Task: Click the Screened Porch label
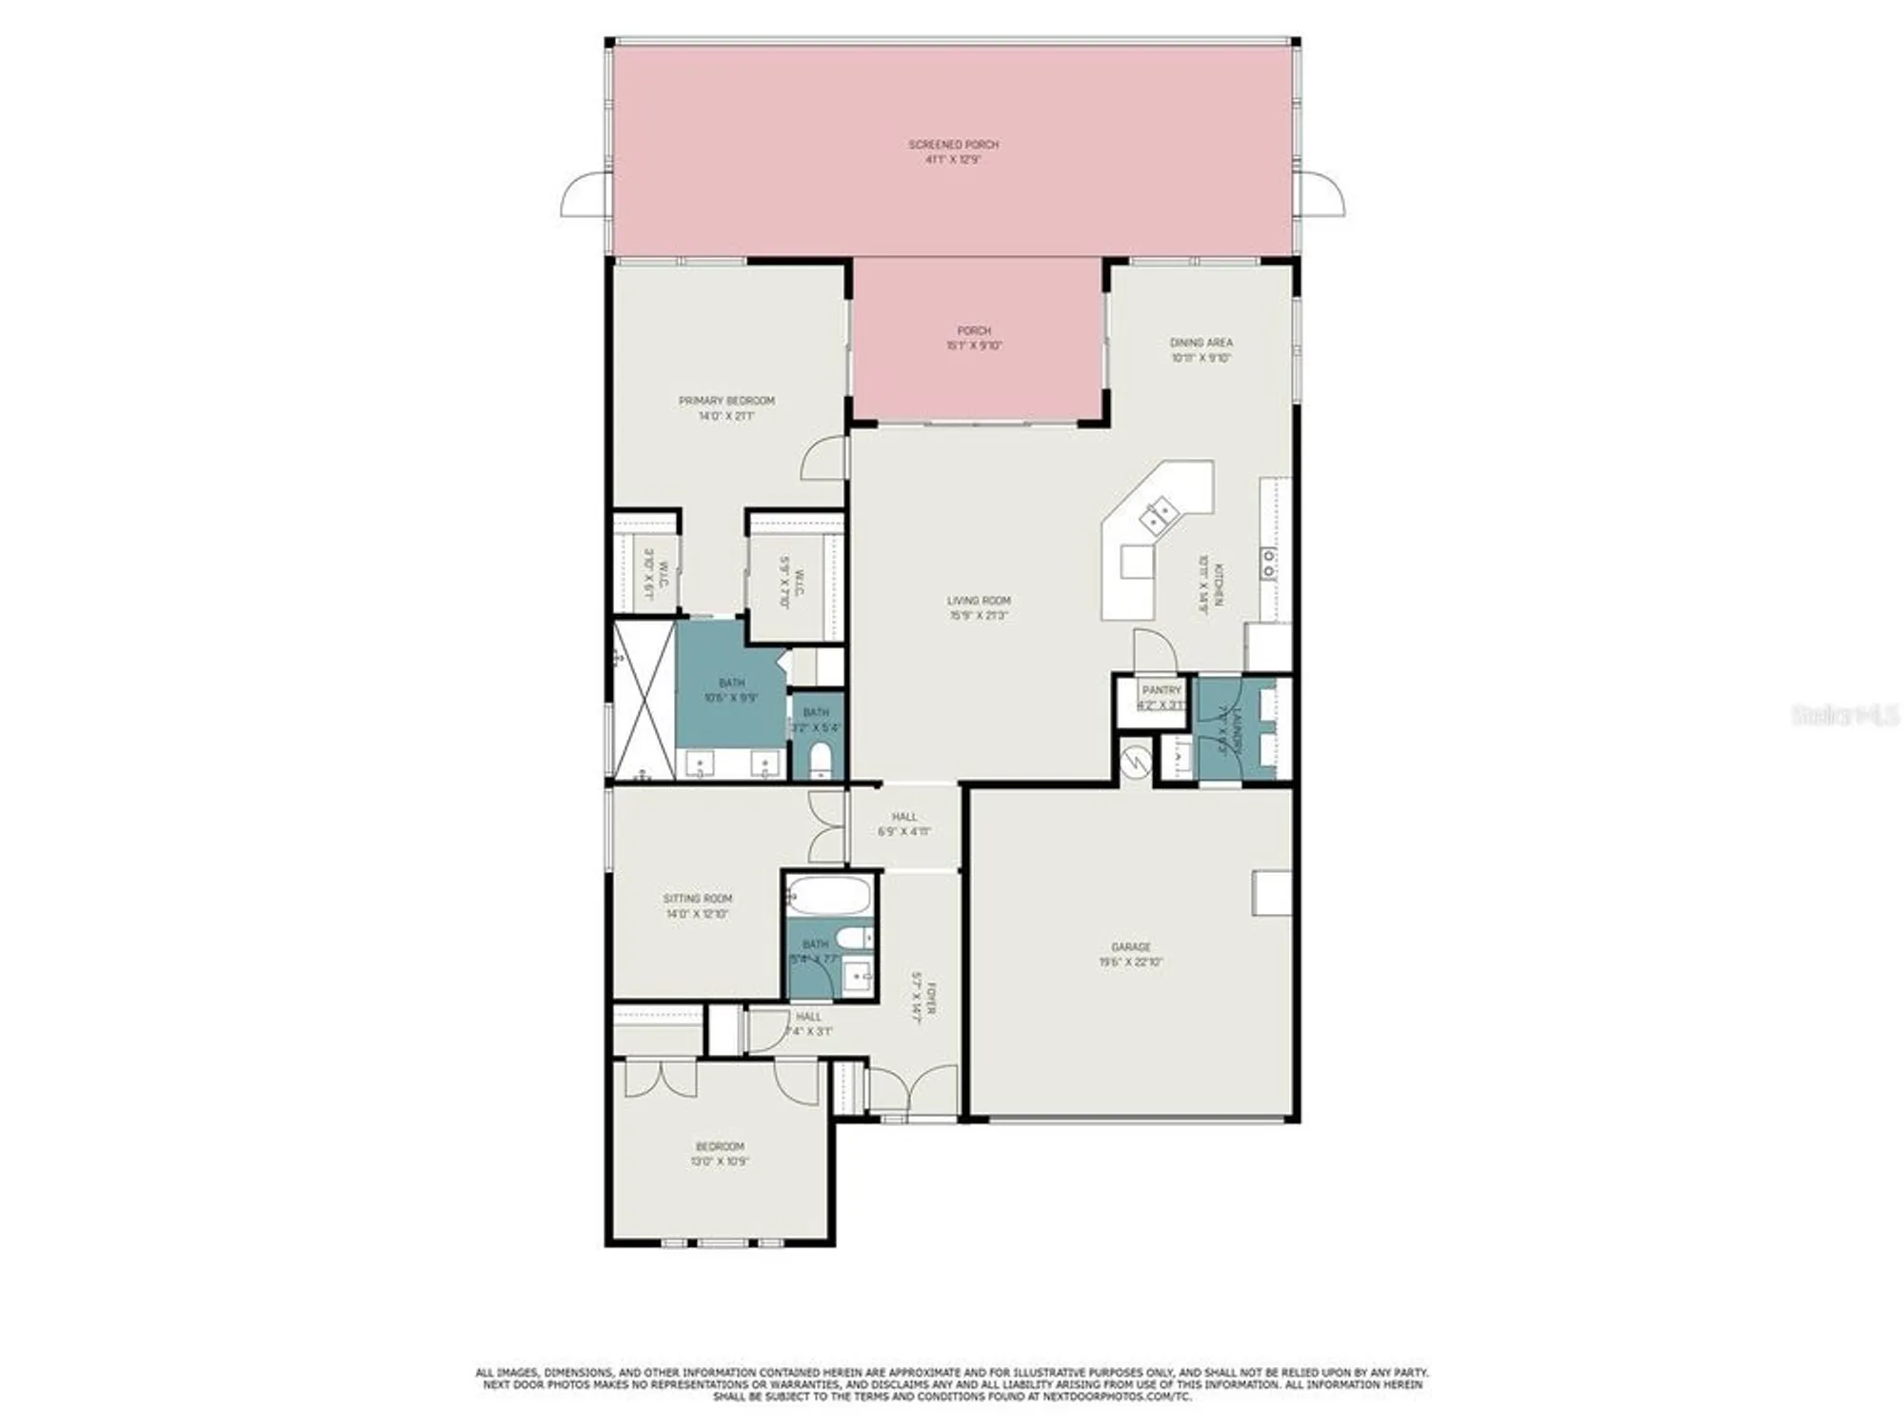pyautogui.click(x=953, y=145)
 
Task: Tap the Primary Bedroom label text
pyautogui.click(x=726, y=401)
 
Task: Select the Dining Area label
pyautogui.click(x=1200, y=343)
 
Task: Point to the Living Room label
pyautogui.click(x=979, y=601)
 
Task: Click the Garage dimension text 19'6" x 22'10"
pyautogui.click(x=1131, y=962)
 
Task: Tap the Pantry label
pyautogui.click(x=1161, y=690)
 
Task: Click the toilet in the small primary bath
pyautogui.click(x=820, y=760)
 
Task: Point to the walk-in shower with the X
pyautogui.click(x=645, y=700)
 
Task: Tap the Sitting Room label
pyautogui.click(x=698, y=899)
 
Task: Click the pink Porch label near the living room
pyautogui.click(x=974, y=330)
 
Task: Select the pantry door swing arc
pyautogui.click(x=1155, y=650)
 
